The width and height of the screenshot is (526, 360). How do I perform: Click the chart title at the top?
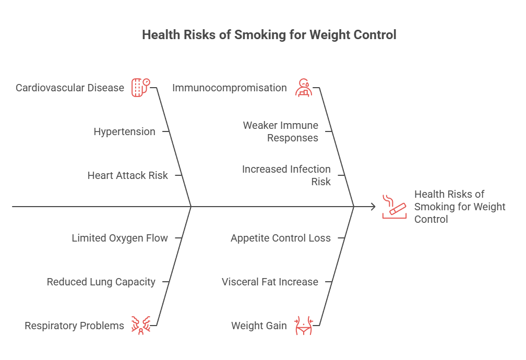(x=269, y=35)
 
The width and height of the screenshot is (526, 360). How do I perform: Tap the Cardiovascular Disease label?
(x=70, y=88)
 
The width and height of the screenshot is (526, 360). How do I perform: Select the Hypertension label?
(x=124, y=131)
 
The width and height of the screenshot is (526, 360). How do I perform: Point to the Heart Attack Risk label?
(x=127, y=175)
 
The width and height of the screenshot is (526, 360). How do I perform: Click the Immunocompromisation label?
(x=230, y=88)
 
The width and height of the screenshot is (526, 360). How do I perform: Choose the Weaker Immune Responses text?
(x=281, y=131)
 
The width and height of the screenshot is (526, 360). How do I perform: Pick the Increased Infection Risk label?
(x=286, y=175)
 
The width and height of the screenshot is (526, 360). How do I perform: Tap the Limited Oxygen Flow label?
(x=119, y=238)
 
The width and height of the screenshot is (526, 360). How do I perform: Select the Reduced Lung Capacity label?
(x=101, y=282)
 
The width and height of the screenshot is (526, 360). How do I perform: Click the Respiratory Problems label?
(x=75, y=326)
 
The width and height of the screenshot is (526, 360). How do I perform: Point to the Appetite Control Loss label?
(x=281, y=238)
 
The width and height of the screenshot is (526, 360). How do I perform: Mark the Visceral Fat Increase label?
(x=270, y=282)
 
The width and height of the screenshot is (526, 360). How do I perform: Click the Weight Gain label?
(x=259, y=326)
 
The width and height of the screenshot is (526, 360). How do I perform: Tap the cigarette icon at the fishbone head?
(x=394, y=206)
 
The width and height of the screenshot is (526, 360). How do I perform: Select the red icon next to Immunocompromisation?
(x=303, y=87)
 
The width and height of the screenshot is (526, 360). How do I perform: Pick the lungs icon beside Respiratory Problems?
(x=140, y=326)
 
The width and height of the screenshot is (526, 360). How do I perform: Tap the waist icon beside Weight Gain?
(x=303, y=326)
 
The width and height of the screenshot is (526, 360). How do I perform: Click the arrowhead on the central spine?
(x=373, y=207)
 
